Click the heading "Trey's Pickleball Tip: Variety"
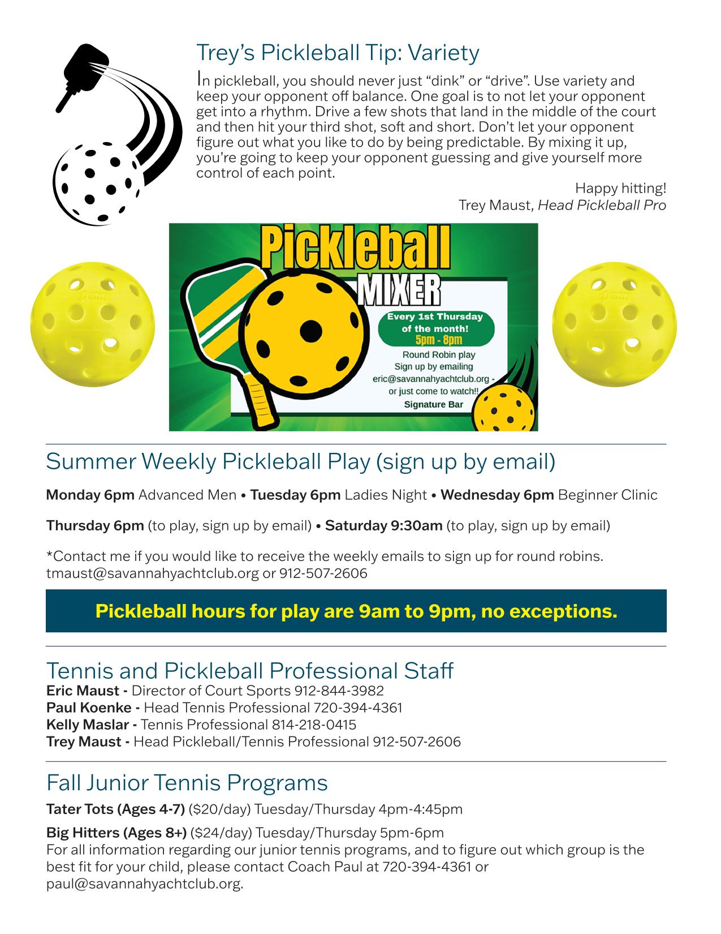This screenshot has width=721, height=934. pos(338,53)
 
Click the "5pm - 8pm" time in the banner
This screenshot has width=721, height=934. pos(438,340)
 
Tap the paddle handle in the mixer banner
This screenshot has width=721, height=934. pos(261,399)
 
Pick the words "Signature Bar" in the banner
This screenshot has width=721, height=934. pos(433,404)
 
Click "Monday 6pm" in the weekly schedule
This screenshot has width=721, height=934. pos(90,495)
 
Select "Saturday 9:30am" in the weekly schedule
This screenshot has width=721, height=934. pos(383,526)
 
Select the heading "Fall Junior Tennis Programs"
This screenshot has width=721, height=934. pos(187,783)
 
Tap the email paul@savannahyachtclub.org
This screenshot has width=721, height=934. pos(144,884)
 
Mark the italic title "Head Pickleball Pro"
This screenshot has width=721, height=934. pos(602,204)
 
